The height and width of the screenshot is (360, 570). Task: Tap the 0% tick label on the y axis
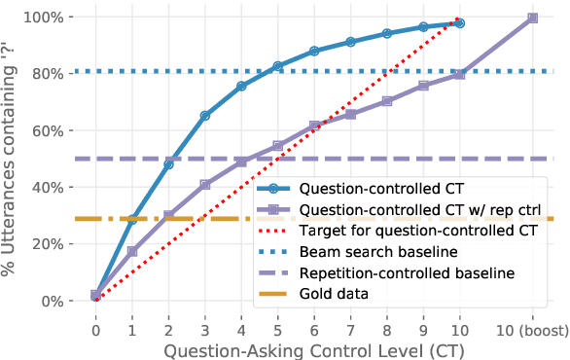[53, 302]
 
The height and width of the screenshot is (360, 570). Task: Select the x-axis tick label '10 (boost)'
[532, 329]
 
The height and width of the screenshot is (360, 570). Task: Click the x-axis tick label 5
[277, 329]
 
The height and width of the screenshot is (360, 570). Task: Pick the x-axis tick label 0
[95, 329]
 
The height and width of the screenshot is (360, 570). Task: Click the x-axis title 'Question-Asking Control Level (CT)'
[313, 348]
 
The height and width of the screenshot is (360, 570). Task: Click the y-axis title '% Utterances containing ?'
[14, 159]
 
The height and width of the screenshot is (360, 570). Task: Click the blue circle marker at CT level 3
[205, 116]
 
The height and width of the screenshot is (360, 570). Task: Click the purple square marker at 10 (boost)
[532, 18]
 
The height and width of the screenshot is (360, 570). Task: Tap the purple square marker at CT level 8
[386, 101]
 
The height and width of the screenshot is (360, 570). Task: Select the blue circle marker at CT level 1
[132, 220]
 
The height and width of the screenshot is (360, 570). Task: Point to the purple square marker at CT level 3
[205, 184]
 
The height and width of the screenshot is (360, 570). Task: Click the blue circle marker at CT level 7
[350, 42]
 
